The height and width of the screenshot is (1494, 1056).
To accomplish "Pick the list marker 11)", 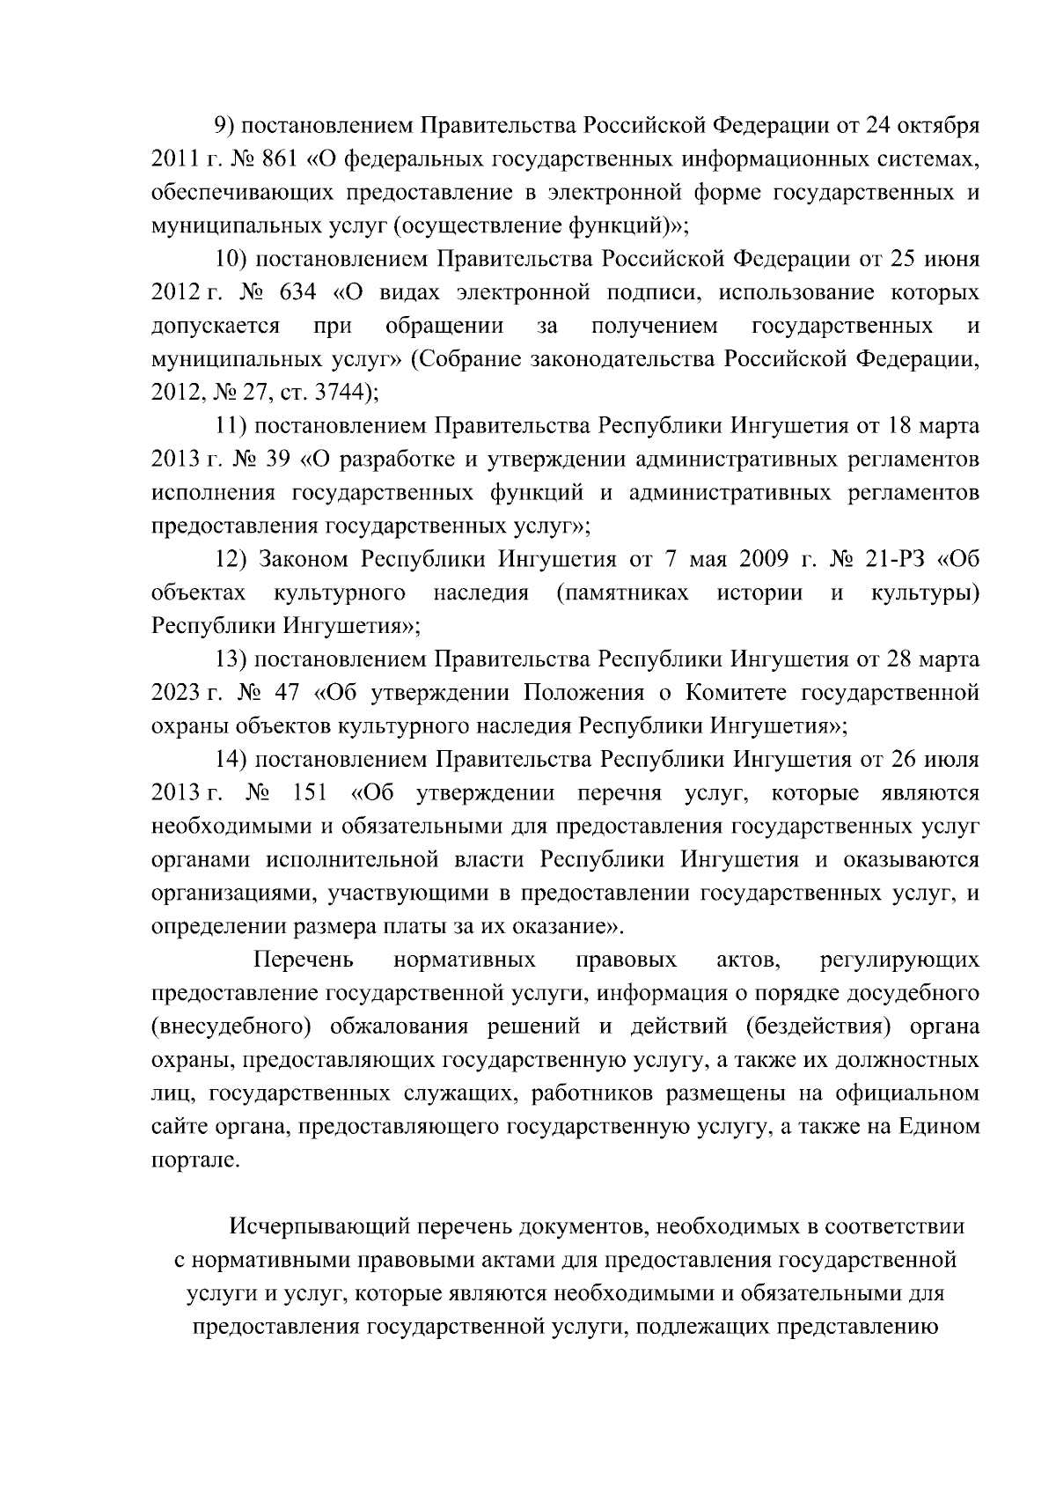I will point(235,426).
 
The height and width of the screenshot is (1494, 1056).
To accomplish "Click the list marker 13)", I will point(235,659).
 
